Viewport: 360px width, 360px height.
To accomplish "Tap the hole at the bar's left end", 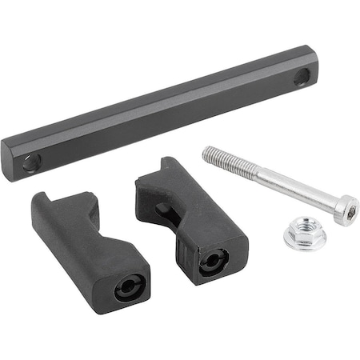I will (31, 162).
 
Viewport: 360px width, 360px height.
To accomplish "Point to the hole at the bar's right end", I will (301, 77).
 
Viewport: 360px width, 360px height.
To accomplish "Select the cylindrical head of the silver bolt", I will (345, 210).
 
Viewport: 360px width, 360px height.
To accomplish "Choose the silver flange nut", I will (303, 234).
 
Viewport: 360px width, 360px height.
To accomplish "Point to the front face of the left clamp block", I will (129, 285).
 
